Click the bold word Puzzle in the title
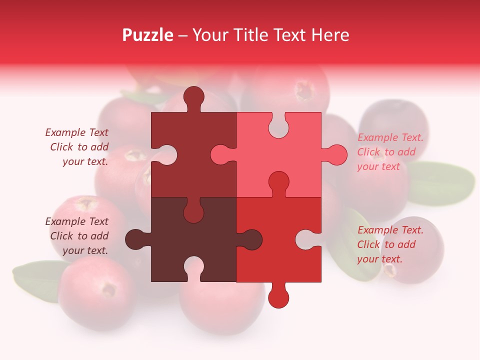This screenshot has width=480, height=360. click(x=148, y=35)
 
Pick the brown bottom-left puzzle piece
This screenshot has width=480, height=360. click(x=165, y=235)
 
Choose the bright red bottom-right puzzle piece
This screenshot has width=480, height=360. click(x=280, y=265)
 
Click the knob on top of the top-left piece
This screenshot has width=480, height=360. click(x=193, y=97)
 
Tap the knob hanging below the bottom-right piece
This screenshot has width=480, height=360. click(x=278, y=297)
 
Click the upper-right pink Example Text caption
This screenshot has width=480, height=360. click(x=390, y=152)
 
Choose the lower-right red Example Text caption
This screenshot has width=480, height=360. click(x=390, y=244)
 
